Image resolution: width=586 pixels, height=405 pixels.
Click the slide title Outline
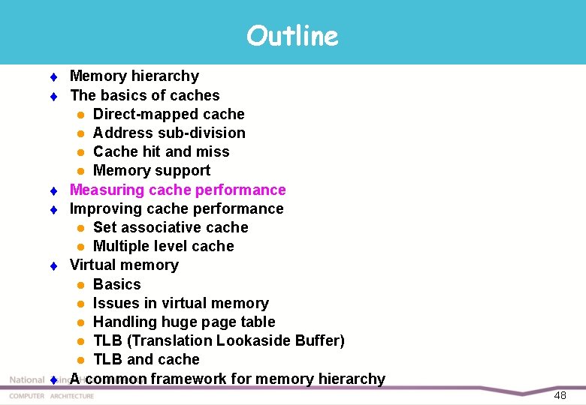click(292, 35)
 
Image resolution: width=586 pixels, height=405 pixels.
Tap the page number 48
click(560, 395)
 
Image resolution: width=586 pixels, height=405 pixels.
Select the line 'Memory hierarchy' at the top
click(134, 76)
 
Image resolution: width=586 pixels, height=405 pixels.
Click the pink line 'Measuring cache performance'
click(177, 190)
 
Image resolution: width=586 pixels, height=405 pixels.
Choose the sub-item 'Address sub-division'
click(169, 133)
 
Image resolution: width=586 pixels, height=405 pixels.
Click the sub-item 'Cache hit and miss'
click(161, 151)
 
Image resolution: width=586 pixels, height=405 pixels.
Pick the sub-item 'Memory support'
click(151, 170)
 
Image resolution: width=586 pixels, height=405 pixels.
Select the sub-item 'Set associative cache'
click(171, 227)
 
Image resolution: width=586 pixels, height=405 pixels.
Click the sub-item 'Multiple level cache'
click(163, 246)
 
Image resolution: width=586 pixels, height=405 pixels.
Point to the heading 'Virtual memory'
click(124, 265)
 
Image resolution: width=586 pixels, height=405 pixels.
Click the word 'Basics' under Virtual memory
click(116, 284)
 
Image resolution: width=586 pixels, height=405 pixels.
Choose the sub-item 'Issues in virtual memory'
click(180, 303)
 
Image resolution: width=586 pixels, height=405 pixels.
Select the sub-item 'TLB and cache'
click(146, 359)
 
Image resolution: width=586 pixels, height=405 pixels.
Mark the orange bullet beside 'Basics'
click(80, 285)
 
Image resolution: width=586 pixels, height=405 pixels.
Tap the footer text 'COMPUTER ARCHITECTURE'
click(52, 396)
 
